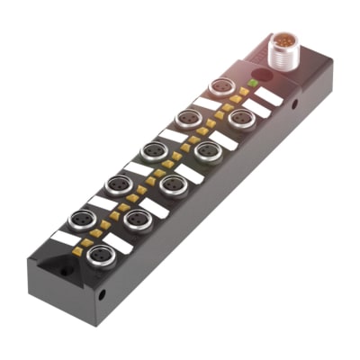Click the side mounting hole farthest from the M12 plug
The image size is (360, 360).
(x=102, y=292)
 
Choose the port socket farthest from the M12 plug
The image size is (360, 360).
(x=100, y=254)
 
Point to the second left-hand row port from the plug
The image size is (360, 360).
(x=188, y=119)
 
